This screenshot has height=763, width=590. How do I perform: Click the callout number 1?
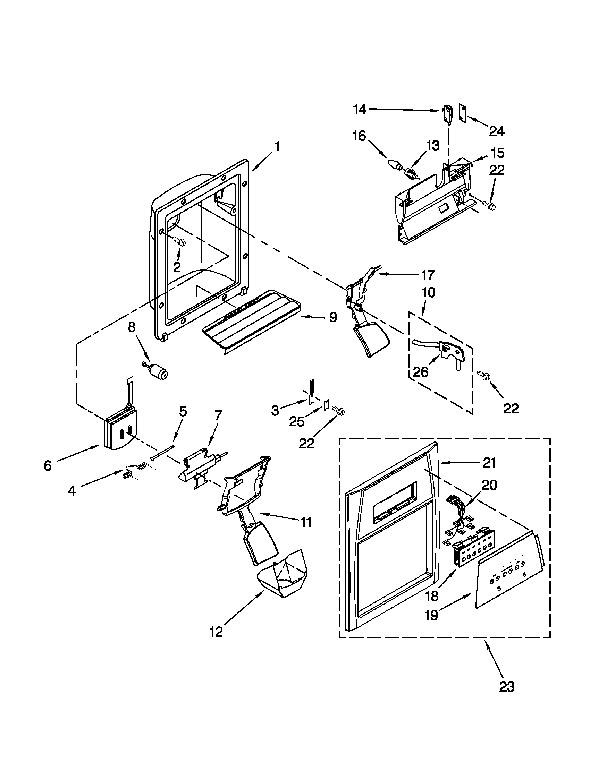[x=277, y=146]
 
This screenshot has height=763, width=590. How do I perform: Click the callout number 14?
[x=359, y=110]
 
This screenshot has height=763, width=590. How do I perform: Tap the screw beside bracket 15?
[x=487, y=203]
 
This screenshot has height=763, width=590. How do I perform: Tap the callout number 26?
[x=421, y=372]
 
